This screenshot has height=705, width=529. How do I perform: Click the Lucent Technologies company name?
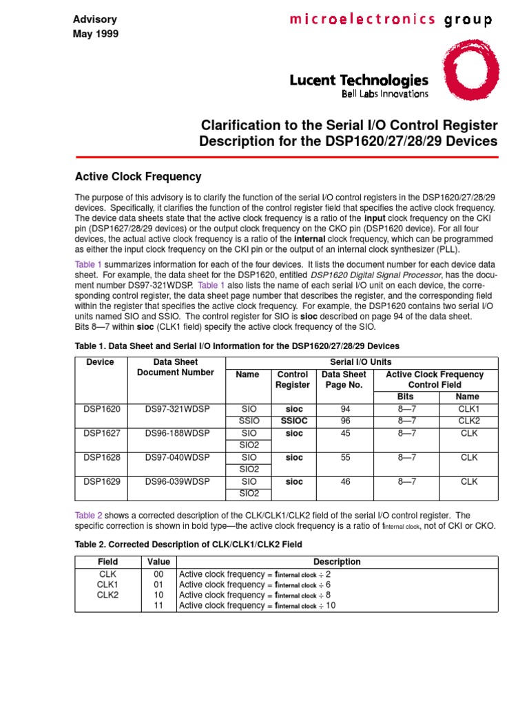359,81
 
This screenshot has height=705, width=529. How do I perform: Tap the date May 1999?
96,34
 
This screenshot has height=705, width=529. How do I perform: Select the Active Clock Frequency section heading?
138,177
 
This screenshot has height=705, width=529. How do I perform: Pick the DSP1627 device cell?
101,433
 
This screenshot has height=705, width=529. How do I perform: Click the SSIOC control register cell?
293,421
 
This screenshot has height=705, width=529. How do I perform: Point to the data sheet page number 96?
345,421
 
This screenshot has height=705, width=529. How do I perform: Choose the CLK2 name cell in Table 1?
468,421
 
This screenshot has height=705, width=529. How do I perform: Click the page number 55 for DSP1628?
345,457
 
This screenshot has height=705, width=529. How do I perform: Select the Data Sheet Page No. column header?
345,380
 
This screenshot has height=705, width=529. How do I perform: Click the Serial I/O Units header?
362,362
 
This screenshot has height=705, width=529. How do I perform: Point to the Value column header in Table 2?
158,562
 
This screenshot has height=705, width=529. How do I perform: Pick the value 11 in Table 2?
158,606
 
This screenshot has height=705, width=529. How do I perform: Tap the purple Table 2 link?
88,515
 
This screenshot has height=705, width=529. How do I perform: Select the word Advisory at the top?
95,19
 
